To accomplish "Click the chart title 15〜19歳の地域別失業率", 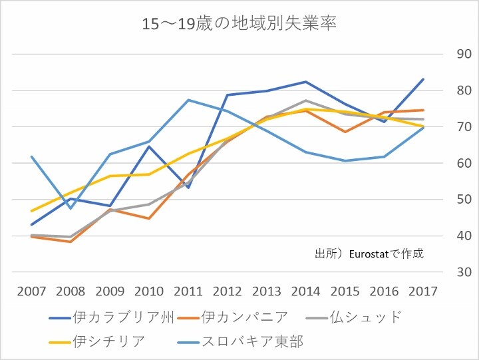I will (x=239, y=25).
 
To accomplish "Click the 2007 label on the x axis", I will (x=31, y=291).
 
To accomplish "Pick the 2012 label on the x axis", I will (x=228, y=291).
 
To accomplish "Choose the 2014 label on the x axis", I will (x=306, y=291).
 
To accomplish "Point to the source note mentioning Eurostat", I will (x=369, y=254).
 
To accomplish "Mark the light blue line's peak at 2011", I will (x=188, y=100).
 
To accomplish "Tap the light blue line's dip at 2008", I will (x=71, y=208).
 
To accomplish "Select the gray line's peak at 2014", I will (x=306, y=100).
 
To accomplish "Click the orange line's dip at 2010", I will (x=149, y=218).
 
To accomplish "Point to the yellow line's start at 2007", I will (x=31, y=211).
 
